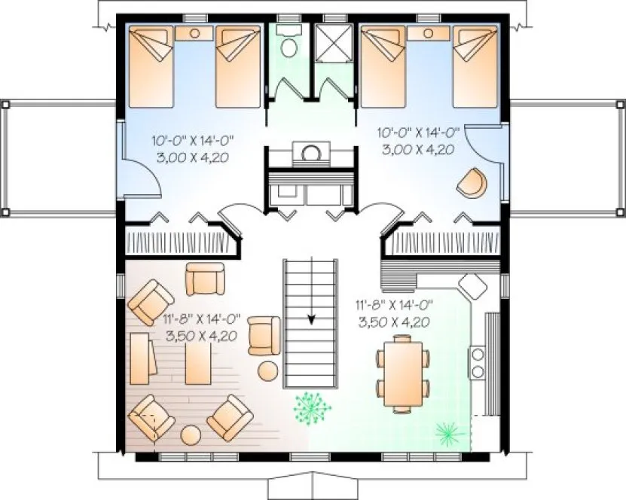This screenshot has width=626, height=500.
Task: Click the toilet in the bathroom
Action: [x=287, y=44]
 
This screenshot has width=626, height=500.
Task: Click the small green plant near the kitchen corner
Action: [x=448, y=431]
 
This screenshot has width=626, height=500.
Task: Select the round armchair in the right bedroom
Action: [x=471, y=183]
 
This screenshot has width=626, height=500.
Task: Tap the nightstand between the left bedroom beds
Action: [x=194, y=34]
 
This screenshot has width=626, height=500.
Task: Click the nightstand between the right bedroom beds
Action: [x=429, y=34]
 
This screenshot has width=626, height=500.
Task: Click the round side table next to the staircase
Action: [x=268, y=370]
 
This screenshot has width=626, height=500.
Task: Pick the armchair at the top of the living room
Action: [x=205, y=278]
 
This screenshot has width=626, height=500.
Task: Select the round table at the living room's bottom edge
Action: [x=190, y=435]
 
